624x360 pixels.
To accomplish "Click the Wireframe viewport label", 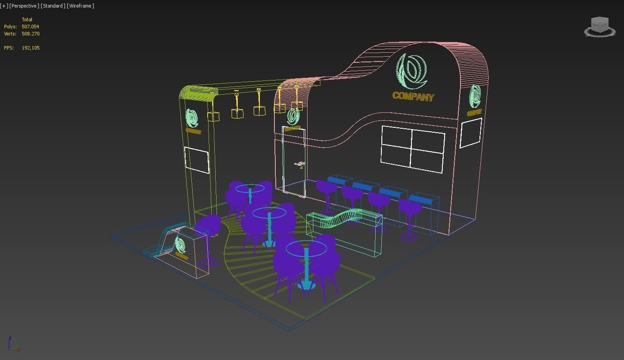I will coord(80,6).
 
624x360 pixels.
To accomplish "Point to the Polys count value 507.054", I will coord(30,27).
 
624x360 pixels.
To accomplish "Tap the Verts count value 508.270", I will coord(30,34).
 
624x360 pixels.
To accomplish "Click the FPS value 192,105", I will coord(30,48).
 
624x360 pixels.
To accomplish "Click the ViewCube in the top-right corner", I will coord(600,27).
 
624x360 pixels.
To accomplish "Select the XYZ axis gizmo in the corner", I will coord(13,345).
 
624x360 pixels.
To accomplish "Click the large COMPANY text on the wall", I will coord(413,96).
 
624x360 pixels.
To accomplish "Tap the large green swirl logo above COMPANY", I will coord(411,71).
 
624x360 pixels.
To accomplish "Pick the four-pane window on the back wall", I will coord(413,149).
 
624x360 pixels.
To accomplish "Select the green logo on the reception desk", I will coord(180,244).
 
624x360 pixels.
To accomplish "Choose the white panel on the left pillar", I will coord(197,160).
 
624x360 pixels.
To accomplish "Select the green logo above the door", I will coord(293,116).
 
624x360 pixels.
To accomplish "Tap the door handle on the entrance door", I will coord(301,165).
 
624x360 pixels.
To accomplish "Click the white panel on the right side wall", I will coord(471,133).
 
